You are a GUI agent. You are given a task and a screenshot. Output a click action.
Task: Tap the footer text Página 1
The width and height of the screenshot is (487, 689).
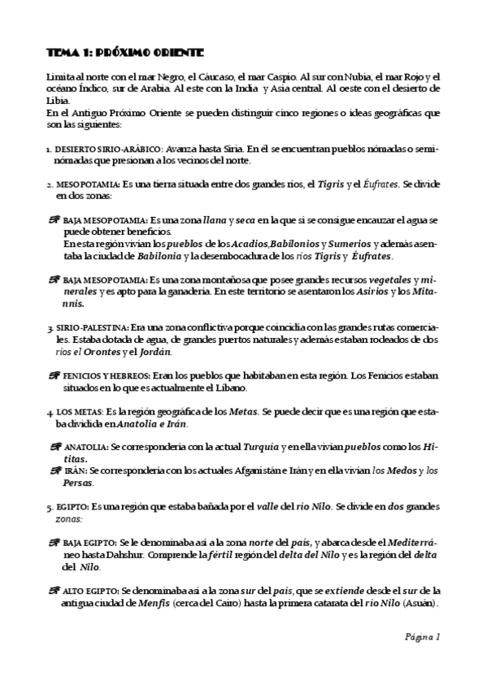click(423, 637)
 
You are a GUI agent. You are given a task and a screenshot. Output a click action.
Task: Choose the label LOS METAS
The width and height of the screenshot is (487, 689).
click(77, 412)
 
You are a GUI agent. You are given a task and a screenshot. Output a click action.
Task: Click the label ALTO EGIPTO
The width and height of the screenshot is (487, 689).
click(90, 591)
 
